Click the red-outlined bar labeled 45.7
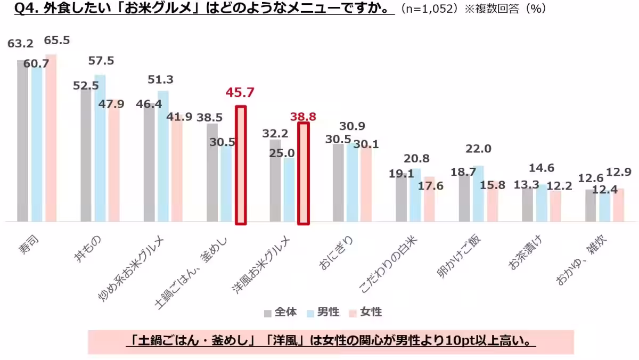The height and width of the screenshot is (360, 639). click(x=241, y=165)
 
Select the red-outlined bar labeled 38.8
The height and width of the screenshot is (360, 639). click(x=303, y=174)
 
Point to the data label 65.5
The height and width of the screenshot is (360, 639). click(x=57, y=40)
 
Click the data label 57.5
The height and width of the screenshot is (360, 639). click(x=101, y=61)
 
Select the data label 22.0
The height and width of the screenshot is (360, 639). click(x=478, y=149)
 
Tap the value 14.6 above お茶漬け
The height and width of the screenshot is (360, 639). click(x=542, y=168)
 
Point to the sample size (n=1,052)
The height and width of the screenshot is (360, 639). click(x=430, y=10)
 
